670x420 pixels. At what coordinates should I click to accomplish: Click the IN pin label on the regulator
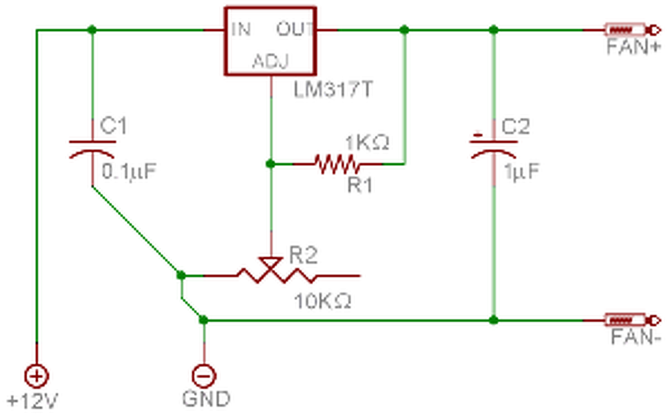click(241, 29)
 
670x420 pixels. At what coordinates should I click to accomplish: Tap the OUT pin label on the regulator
click(295, 29)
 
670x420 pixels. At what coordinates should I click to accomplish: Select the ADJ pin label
click(271, 61)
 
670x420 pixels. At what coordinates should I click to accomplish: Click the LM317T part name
click(333, 90)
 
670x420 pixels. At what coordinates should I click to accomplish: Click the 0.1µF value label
click(129, 172)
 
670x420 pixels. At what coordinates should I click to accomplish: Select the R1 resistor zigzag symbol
click(337, 164)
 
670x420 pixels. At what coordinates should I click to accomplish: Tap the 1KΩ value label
click(367, 142)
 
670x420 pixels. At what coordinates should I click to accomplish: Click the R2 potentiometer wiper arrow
click(271, 263)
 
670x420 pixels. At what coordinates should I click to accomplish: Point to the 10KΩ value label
click(323, 301)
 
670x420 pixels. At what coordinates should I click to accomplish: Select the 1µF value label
click(522, 172)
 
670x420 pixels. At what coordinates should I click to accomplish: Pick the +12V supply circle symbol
click(37, 376)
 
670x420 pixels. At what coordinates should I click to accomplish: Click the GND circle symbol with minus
click(204, 376)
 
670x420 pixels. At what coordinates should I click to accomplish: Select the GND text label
click(206, 399)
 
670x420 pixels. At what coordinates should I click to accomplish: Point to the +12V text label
click(32, 401)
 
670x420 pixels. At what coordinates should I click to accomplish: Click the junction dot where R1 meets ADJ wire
click(271, 164)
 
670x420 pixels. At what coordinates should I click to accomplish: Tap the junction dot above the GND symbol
click(204, 320)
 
